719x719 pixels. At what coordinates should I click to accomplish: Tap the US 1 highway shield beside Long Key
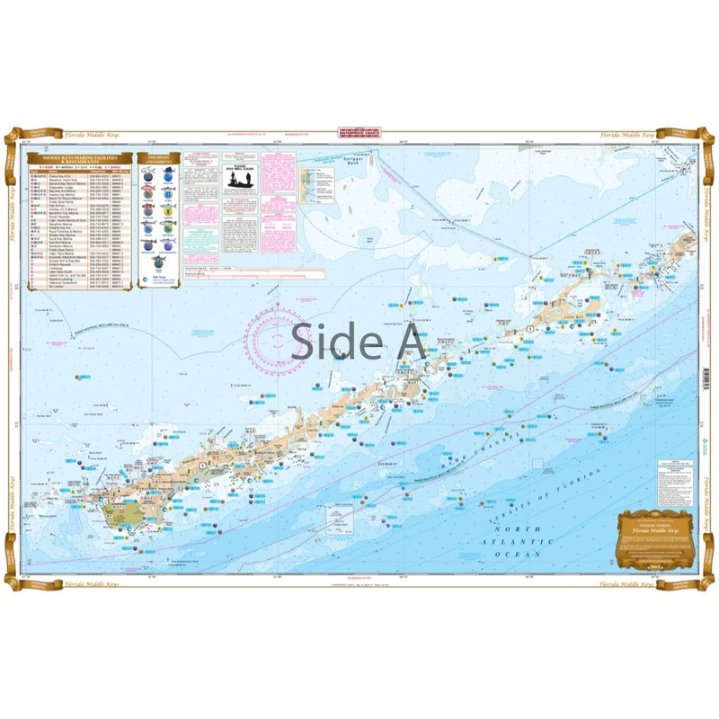click(x=530, y=331)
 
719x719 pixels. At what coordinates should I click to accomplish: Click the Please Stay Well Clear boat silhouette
click(x=233, y=179)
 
